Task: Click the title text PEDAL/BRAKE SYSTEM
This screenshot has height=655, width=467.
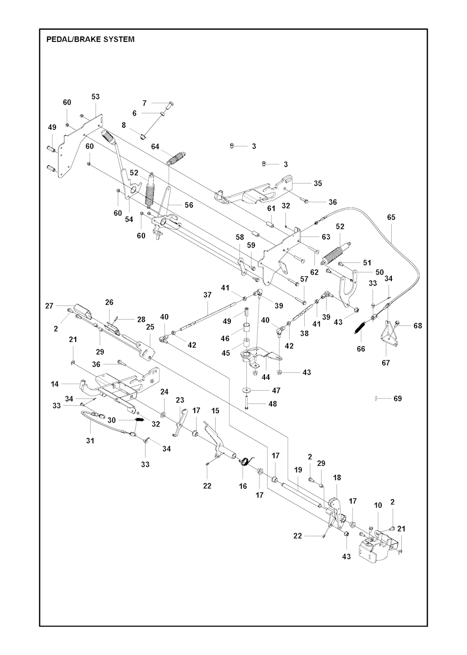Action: [x=90, y=39]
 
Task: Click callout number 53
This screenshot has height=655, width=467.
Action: [x=95, y=97]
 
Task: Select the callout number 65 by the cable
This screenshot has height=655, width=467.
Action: [x=391, y=217]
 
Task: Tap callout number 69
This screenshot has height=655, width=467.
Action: [x=398, y=398]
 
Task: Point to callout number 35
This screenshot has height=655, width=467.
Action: [x=318, y=183]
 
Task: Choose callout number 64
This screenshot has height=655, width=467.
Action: [x=156, y=147]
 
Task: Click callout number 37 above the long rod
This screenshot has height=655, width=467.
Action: [x=208, y=295]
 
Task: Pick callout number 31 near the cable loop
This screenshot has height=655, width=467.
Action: [x=90, y=440]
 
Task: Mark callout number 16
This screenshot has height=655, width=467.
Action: [x=243, y=486]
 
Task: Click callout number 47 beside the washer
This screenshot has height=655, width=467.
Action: [x=276, y=390]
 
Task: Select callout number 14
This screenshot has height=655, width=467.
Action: [x=55, y=384]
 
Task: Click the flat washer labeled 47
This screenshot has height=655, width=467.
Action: [x=247, y=390]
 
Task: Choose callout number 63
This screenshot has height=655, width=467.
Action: [x=326, y=237]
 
